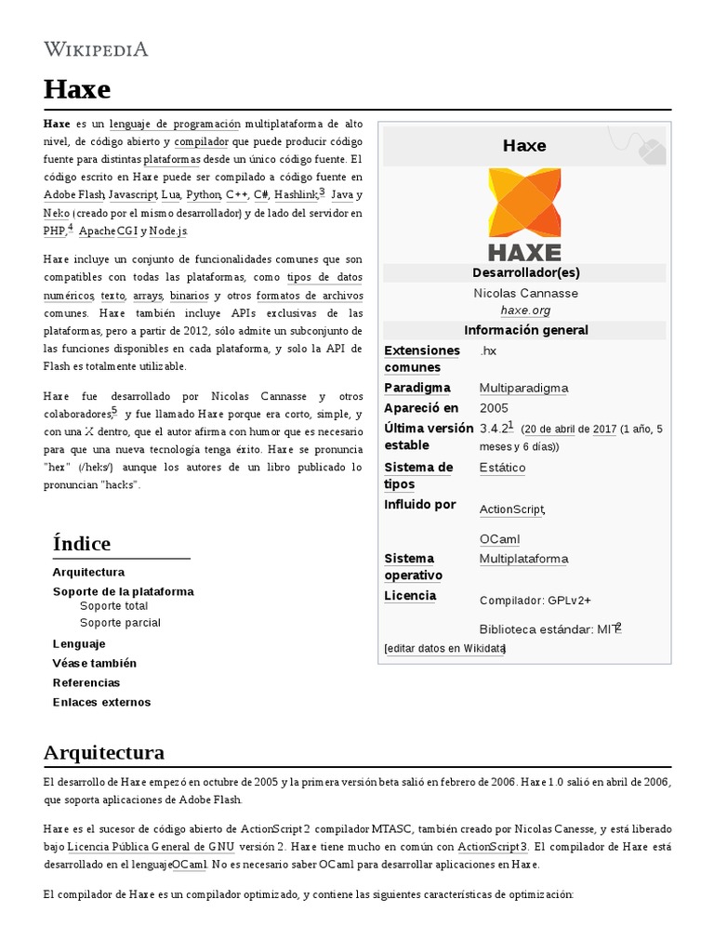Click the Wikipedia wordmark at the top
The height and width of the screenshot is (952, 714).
96,49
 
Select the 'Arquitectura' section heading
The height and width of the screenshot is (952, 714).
104,751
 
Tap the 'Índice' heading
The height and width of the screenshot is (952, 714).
82,544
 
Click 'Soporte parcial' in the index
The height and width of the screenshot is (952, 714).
120,623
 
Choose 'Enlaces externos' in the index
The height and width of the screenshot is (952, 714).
101,702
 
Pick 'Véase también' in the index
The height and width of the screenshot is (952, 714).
94,663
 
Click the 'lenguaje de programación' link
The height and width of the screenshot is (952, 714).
175,125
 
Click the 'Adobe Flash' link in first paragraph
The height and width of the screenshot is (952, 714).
73,195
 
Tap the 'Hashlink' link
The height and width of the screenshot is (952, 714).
296,195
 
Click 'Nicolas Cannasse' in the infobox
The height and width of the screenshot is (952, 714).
525,294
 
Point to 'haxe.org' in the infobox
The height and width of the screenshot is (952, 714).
525,311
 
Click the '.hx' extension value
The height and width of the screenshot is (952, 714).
488,350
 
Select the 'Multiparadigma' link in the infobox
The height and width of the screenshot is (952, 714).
523,388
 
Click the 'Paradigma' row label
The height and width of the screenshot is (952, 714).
417,388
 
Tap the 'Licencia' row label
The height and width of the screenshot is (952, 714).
410,596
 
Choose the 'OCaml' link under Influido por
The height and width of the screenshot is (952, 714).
499,539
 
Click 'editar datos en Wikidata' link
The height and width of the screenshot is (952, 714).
444,648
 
